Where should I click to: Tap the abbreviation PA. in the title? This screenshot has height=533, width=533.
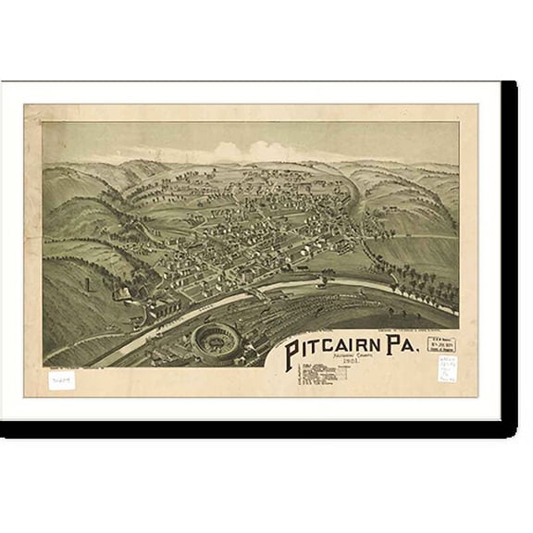coord(401,350)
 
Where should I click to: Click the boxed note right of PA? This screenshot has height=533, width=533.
coord(440,345)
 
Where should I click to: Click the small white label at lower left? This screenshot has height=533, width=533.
coord(61,379)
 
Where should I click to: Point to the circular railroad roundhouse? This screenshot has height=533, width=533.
coord(215,341)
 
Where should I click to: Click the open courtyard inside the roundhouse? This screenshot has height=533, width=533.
coord(215,340)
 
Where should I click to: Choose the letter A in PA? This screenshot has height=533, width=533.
coord(408,350)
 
